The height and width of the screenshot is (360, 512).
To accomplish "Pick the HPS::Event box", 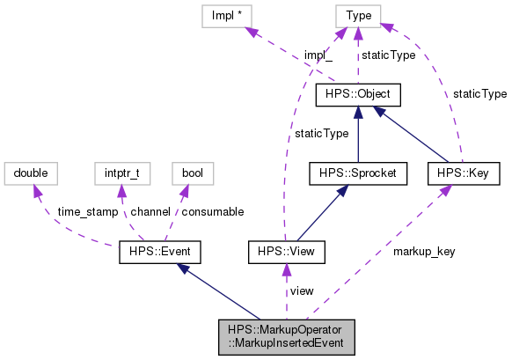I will point(161,253).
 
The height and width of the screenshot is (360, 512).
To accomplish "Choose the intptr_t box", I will point(121,173).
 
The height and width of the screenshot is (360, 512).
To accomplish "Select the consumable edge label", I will point(212,212).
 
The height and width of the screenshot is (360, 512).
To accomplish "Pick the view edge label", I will point(302,291).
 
